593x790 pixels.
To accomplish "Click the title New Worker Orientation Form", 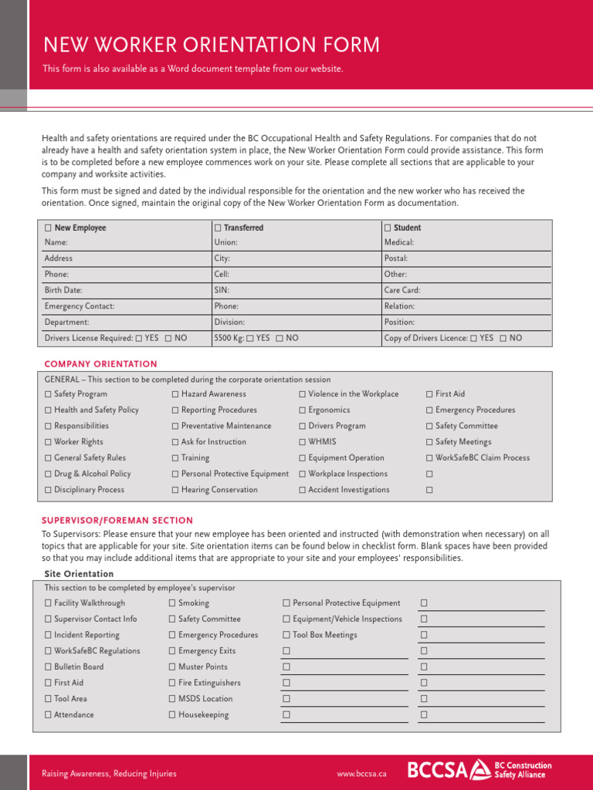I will point(211,45).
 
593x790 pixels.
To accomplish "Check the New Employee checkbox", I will point(49,228).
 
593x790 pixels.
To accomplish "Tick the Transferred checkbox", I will point(218,228).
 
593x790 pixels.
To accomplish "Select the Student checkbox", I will point(388,228).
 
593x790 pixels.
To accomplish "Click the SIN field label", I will point(222,290).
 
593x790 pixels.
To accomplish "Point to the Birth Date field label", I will point(64,290).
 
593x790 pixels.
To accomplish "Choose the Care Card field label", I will point(402,290).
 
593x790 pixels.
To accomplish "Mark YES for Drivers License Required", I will point(139,338).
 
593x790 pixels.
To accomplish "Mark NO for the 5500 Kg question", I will point(280,338).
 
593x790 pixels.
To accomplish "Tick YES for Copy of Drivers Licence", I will point(473,338).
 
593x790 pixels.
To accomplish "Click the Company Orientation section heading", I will point(100,363).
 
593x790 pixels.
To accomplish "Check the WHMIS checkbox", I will point(303,442).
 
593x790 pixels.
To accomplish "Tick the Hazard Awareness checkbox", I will point(175,394).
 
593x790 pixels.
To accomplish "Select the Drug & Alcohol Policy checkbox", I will point(49,474).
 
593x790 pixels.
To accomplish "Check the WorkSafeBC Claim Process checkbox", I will point(429,458).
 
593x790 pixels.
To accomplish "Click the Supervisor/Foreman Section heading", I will point(118,520).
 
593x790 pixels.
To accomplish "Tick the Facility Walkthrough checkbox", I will point(49,603).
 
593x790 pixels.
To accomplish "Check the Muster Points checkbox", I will point(172,667).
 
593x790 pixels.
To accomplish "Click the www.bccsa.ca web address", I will point(362,774).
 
